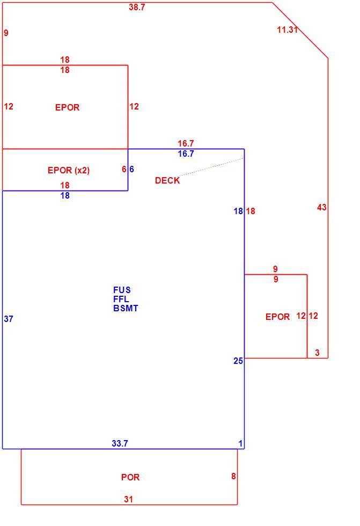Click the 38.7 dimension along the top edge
pyautogui.click(x=137, y=7)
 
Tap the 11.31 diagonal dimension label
pyautogui.click(x=287, y=30)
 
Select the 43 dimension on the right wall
pyautogui.click(x=322, y=207)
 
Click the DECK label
pyautogui.click(x=167, y=180)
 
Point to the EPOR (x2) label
pyautogui.click(x=69, y=170)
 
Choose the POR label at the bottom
pyautogui.click(x=130, y=477)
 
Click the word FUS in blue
pyautogui.click(x=122, y=290)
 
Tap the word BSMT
pyautogui.click(x=126, y=308)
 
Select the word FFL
pyautogui.click(x=121, y=299)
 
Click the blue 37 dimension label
pyautogui.click(x=9, y=319)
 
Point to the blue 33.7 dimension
pyautogui.click(x=120, y=443)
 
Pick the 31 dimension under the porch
pyautogui.click(x=129, y=499)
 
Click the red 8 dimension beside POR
pyautogui.click(x=233, y=476)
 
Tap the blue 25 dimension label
pyautogui.click(x=238, y=361)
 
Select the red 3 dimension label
pyautogui.click(x=317, y=353)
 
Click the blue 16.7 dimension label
pyautogui.click(x=186, y=154)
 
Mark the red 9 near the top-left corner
pyautogui.click(x=6, y=33)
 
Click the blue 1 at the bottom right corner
pyautogui.click(x=240, y=443)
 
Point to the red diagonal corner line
pyautogui.click(x=300, y=31)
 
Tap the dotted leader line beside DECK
pyautogui.click(x=211, y=167)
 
